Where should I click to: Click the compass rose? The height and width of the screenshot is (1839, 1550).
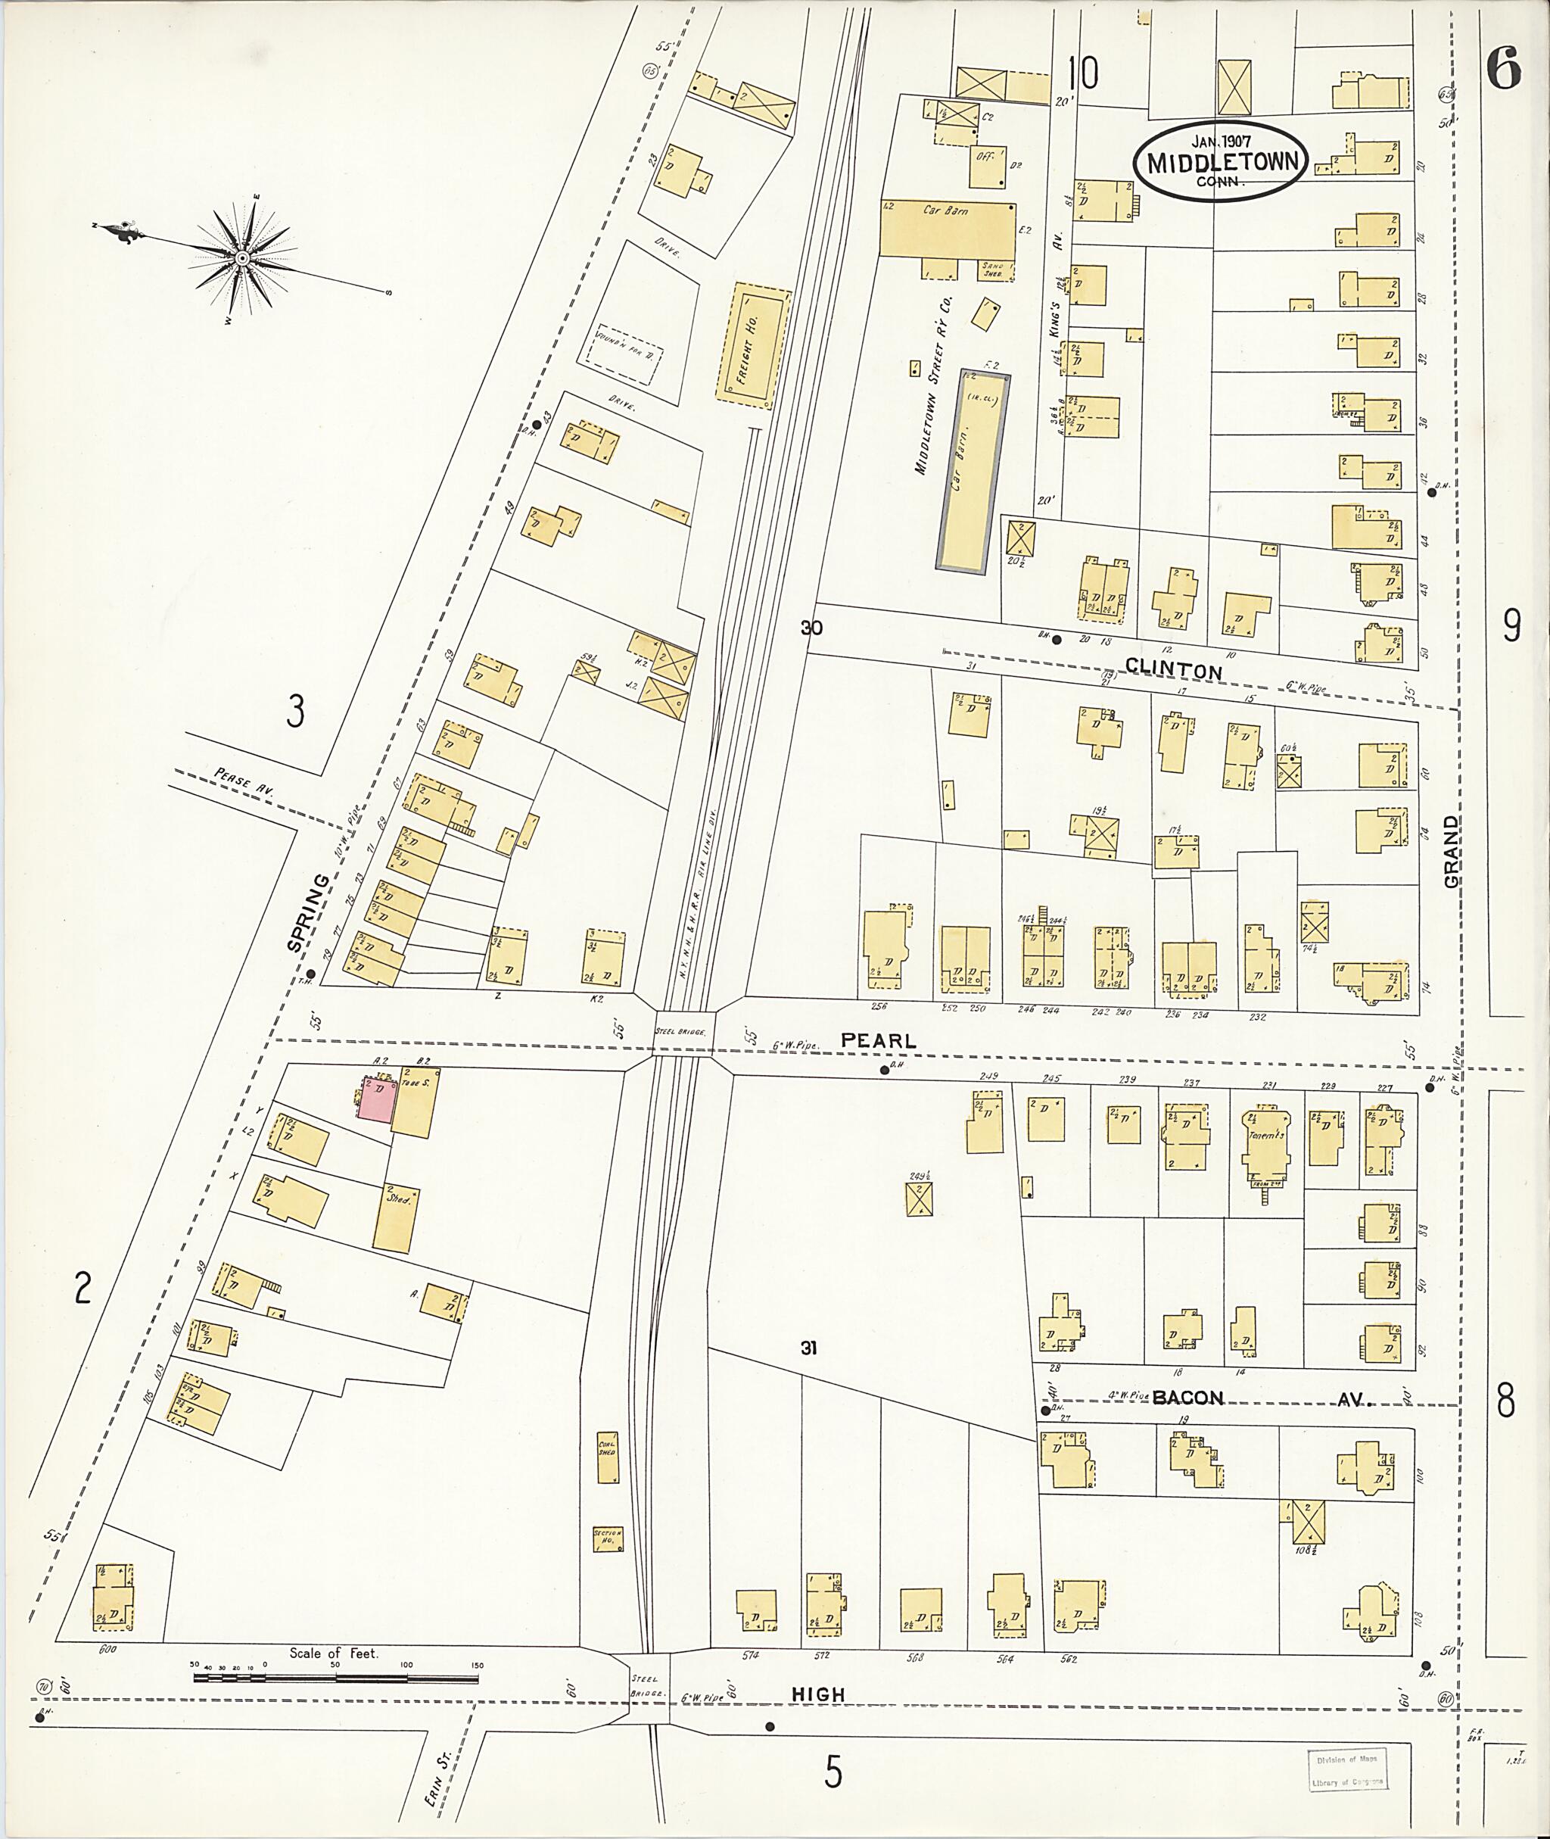tap(241, 257)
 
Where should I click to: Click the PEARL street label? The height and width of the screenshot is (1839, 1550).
tap(879, 1040)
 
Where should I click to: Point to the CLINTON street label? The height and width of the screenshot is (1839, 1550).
tap(1173, 671)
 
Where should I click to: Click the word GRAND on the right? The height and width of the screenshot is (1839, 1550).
tap(1451, 850)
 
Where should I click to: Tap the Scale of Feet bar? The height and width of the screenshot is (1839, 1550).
tap(336, 1677)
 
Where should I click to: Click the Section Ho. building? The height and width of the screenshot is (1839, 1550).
tap(607, 1538)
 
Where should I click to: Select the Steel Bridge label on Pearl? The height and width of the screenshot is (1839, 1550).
tap(681, 1031)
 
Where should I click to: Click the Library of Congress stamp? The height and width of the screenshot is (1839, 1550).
tap(1347, 1769)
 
